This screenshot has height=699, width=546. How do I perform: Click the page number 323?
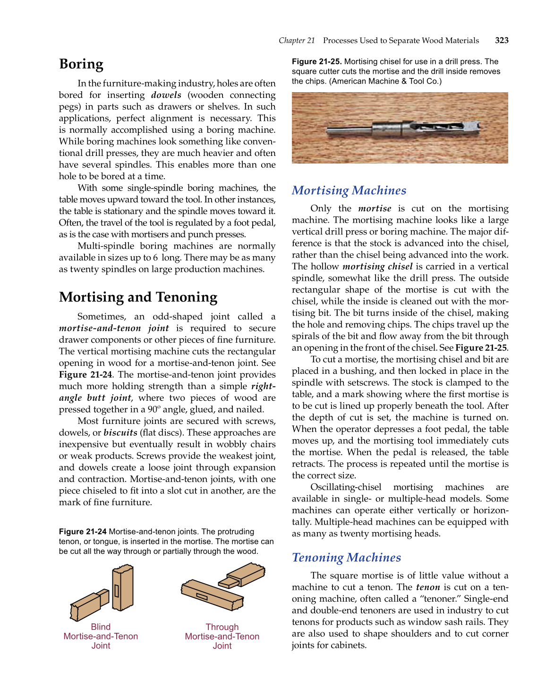tap(501, 41)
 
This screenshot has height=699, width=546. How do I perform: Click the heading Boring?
tap(81, 64)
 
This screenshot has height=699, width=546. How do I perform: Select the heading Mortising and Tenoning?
tap(138, 297)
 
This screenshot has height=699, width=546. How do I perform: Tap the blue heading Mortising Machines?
tap(349, 190)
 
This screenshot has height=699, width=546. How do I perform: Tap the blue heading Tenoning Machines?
tap(346, 558)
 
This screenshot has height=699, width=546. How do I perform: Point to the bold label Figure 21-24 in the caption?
tap(83, 532)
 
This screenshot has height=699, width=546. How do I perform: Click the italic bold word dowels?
tap(166, 95)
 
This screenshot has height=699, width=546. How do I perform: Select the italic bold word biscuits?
tap(120, 433)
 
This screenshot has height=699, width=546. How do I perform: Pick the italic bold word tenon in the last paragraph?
tap(427, 587)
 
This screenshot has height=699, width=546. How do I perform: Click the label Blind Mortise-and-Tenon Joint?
tap(101, 636)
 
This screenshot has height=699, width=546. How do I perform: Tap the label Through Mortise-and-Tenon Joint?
tap(222, 636)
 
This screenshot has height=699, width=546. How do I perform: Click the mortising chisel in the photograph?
tap(425, 127)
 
